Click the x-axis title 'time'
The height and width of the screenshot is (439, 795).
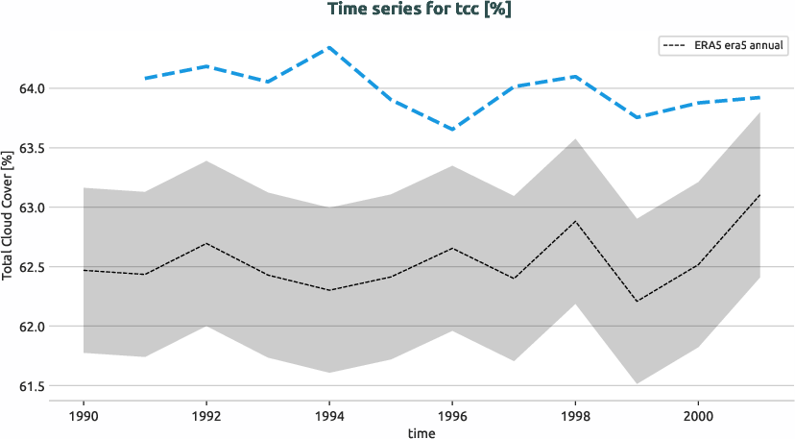pyautogui.click(x=420, y=433)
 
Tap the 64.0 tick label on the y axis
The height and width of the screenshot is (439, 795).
pyautogui.click(x=32, y=88)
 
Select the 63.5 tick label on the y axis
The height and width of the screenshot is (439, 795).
pyautogui.click(x=32, y=148)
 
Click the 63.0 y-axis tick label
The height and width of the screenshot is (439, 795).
pyautogui.click(x=32, y=207)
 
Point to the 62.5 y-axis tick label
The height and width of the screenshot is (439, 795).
pyautogui.click(x=32, y=267)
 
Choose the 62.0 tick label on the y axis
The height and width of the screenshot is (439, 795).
pyautogui.click(x=32, y=327)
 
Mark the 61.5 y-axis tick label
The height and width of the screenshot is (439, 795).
pyautogui.click(x=32, y=386)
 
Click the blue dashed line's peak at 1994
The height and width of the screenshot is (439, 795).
pyautogui.click(x=329, y=47)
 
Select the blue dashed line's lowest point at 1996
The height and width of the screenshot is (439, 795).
pyautogui.click(x=452, y=130)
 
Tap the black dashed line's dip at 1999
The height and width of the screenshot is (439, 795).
pyautogui.click(x=637, y=302)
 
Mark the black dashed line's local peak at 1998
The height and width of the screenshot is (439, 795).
pyautogui.click(x=575, y=221)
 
